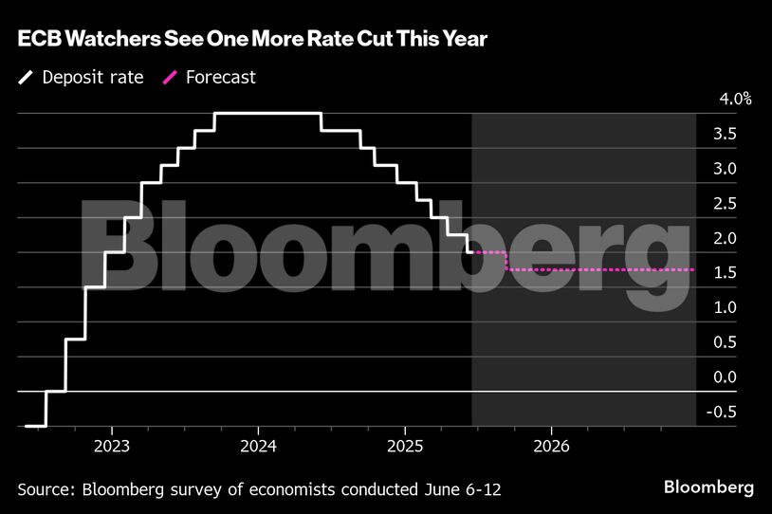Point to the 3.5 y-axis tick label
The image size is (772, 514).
[726, 134]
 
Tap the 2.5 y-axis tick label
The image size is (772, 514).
[726, 204]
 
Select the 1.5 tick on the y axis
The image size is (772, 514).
[726, 273]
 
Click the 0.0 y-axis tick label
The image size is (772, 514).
[726, 377]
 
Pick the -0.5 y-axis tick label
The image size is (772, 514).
[724, 412]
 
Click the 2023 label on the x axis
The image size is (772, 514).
[112, 446]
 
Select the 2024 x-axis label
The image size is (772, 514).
[258, 446]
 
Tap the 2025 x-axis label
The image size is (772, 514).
[405, 446]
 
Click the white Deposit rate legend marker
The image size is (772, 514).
[25, 78]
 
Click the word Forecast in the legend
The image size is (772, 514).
[221, 78]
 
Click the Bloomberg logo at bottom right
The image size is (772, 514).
[708, 487]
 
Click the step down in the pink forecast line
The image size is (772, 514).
[508, 261]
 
